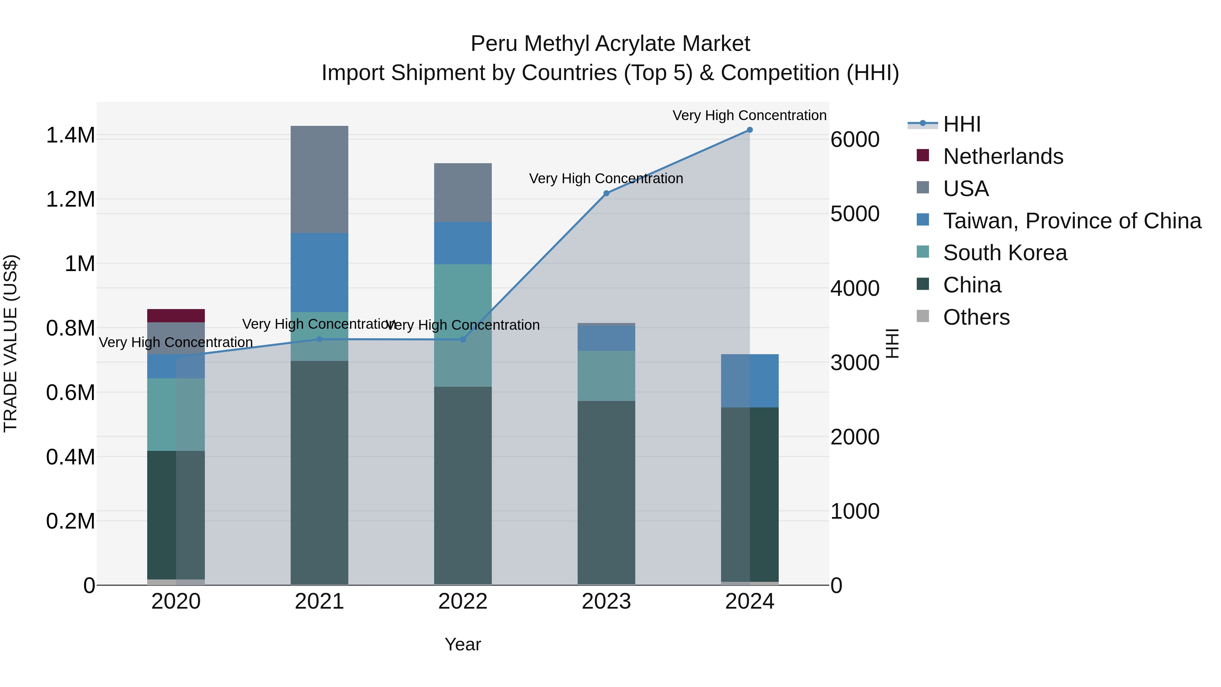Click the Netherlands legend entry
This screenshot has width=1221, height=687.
pyautogui.click(x=1003, y=156)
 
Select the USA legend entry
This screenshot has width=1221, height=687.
pyautogui.click(x=966, y=188)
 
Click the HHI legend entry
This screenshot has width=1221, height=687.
pyautogui.click(x=961, y=124)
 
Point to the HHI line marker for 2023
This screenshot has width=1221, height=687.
pyautogui.click(x=606, y=193)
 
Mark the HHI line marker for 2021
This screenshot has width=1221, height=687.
pyautogui.click(x=319, y=340)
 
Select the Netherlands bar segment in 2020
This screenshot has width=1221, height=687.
pyautogui.click(x=176, y=316)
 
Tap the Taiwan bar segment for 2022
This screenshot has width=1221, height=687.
pyautogui.click(x=463, y=243)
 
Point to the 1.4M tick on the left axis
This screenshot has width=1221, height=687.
pyautogui.click(x=70, y=136)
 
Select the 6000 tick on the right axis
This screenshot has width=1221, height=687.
pyautogui.click(x=855, y=139)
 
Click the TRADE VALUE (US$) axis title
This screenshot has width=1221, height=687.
pyautogui.click(x=11, y=343)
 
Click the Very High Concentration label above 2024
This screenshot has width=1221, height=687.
pyautogui.click(x=749, y=115)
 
